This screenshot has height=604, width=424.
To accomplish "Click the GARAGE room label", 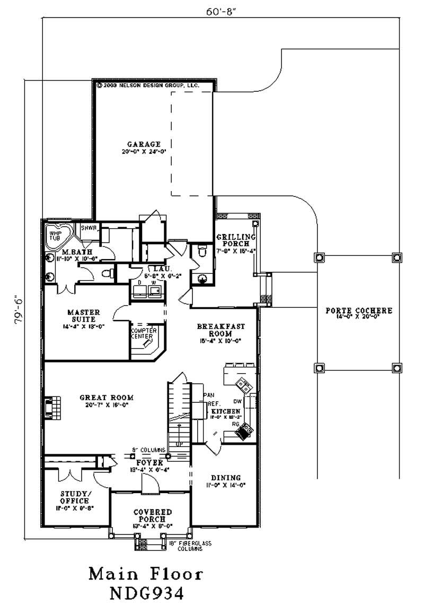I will [144, 144].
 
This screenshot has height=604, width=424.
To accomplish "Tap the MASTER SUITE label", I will [81, 316].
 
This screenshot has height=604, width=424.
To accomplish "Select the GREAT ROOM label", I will [107, 397].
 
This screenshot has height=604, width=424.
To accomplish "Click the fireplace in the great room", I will [50, 408].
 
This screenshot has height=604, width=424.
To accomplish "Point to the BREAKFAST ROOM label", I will [215, 330].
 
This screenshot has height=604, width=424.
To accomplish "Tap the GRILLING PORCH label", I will [236, 240].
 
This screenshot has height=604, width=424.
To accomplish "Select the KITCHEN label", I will [226, 411].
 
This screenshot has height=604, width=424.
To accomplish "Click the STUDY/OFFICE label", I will [74, 497].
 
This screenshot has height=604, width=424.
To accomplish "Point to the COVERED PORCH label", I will [152, 515].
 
